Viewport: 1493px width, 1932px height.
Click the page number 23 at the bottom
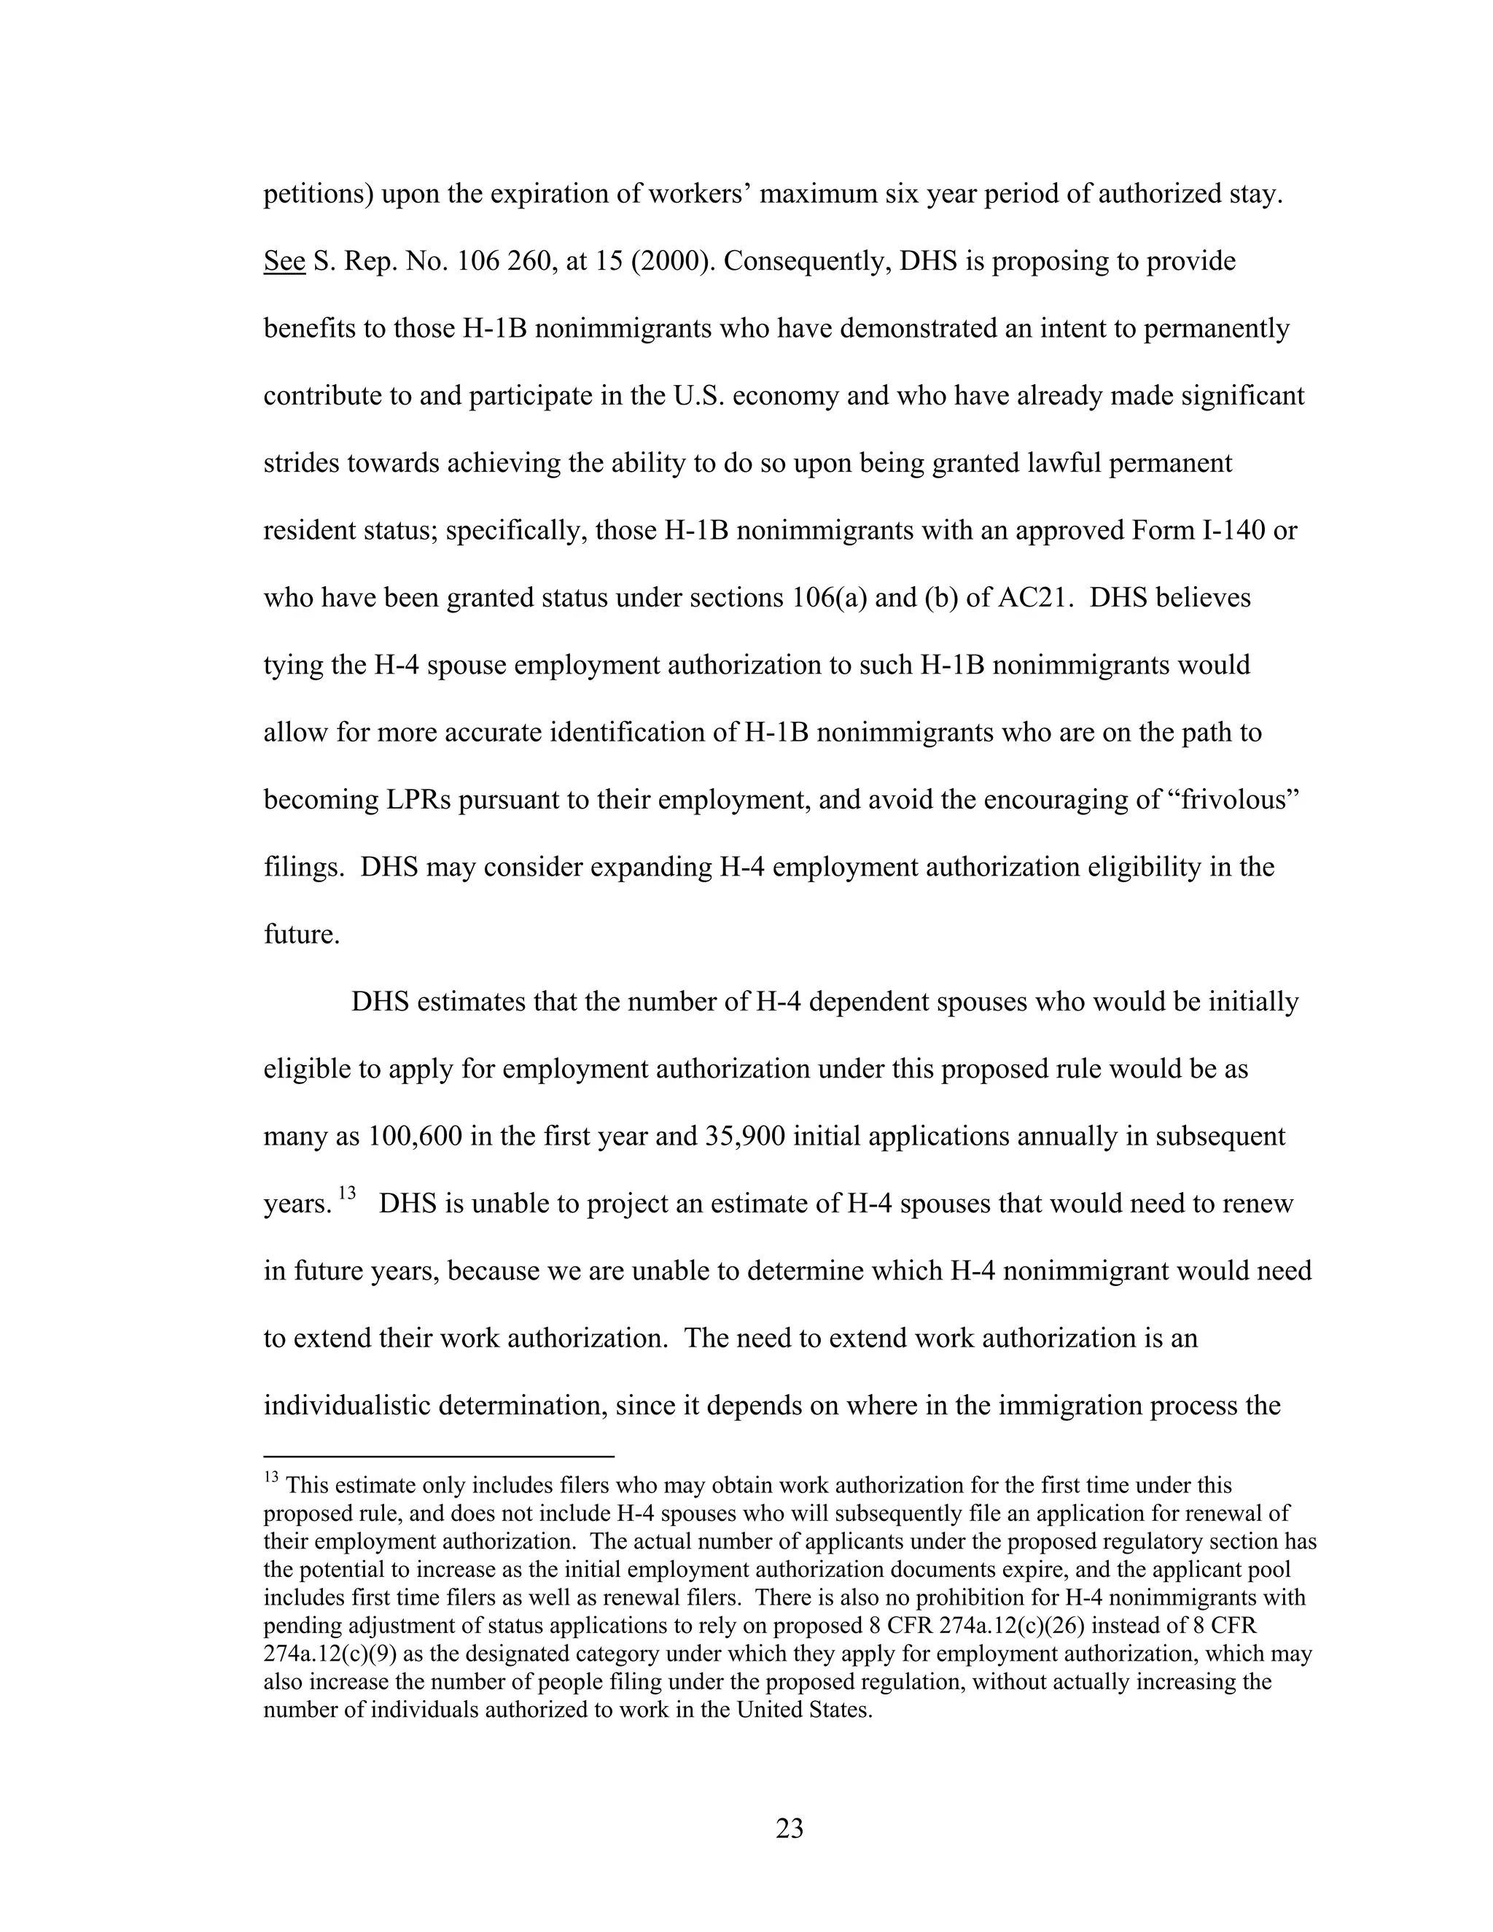[x=789, y=1828]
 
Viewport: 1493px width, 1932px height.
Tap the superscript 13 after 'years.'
[x=347, y=1193]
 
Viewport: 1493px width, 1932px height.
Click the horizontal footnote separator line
[x=439, y=1455]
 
